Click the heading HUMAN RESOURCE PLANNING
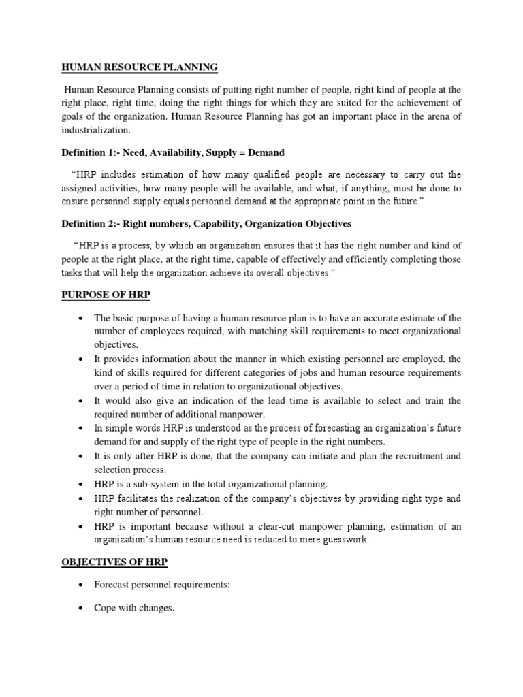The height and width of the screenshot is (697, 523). coord(140,67)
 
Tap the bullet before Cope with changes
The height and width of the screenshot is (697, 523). coord(80,608)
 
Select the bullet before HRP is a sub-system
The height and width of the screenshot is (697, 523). coord(80,485)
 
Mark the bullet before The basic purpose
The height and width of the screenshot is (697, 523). coord(80,317)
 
